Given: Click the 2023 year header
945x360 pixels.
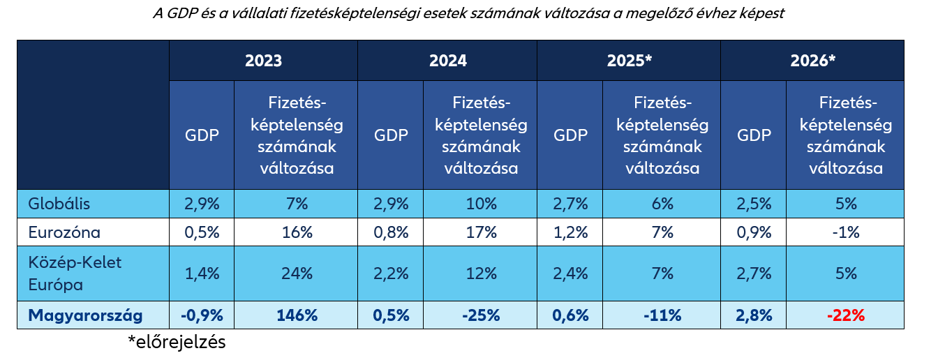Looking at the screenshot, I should (x=263, y=61).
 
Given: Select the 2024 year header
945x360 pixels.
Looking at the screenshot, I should (x=447, y=61).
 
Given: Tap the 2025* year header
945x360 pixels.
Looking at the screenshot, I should (x=629, y=61).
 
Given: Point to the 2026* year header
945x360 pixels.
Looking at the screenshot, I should (x=812, y=61).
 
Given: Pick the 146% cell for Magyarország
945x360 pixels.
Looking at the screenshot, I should (x=296, y=315).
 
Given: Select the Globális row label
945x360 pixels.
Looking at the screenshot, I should (x=59, y=204).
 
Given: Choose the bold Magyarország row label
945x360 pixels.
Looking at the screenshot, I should (x=85, y=315).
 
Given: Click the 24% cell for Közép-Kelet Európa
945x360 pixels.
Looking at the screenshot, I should (x=296, y=273).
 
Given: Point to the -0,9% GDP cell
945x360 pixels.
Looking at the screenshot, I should (x=202, y=315).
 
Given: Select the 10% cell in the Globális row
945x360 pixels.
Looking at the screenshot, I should (x=482, y=204).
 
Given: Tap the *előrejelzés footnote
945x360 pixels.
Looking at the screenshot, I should (x=177, y=343).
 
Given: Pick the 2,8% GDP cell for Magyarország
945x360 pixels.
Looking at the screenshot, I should (x=754, y=315).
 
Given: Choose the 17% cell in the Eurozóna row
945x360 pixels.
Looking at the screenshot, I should (x=482, y=232).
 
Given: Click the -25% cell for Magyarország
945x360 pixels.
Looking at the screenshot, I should (x=482, y=315).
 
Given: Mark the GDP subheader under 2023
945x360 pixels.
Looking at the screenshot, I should (x=202, y=135).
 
